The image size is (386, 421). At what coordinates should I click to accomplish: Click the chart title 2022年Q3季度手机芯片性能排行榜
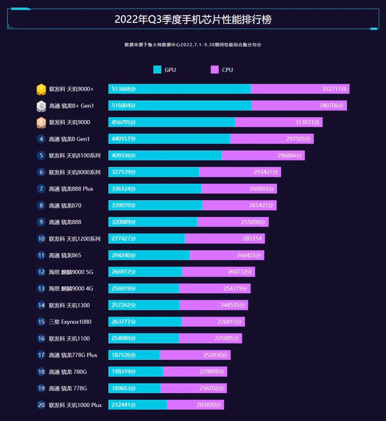click(193, 19)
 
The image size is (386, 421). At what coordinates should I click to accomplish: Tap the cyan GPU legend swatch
click(157, 70)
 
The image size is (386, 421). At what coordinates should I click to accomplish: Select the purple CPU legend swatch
click(214, 70)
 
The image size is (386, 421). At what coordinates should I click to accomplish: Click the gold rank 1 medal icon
click(41, 89)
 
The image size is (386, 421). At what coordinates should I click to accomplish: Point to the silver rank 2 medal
click(41, 106)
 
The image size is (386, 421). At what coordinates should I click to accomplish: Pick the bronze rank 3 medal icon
click(41, 123)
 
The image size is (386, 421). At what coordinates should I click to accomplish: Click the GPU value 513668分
click(124, 89)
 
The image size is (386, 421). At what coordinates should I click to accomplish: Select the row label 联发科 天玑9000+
click(71, 89)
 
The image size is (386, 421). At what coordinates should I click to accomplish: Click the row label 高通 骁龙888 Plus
click(71, 189)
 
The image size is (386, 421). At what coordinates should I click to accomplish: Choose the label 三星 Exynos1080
click(70, 322)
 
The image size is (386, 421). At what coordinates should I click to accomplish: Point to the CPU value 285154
click(252, 238)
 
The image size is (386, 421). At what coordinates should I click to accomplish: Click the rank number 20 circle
click(41, 405)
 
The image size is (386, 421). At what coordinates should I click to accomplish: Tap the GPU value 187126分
click(124, 355)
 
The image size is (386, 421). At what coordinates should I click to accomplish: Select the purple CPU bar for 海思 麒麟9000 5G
click(218, 272)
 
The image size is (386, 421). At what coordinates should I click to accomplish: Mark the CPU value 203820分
click(209, 405)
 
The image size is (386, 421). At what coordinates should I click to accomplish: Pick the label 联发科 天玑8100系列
click(75, 155)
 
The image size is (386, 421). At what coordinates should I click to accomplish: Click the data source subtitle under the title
click(193, 45)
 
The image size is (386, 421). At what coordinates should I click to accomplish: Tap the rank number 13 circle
click(41, 288)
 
